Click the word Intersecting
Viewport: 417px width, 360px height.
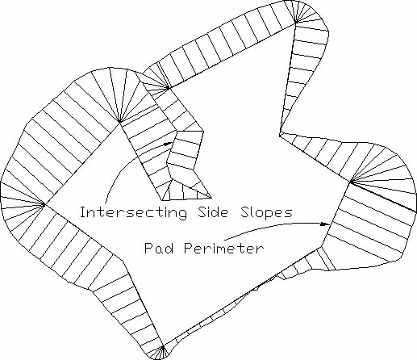[134, 212]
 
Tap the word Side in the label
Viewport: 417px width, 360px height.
[213, 212]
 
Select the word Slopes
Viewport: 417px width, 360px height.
[266, 212]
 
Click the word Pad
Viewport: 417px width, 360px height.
[159, 248]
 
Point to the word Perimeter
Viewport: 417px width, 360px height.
[224, 248]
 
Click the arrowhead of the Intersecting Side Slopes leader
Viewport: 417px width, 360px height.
[168, 144]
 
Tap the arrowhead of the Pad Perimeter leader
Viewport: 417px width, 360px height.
[325, 224]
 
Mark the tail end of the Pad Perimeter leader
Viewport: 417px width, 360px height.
[225, 239]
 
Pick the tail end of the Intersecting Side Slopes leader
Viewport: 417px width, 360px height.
[106, 203]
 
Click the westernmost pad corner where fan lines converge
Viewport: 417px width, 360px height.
[44, 204]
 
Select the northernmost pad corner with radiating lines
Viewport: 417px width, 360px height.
[296, 22]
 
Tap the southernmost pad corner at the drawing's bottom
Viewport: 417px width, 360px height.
[163, 348]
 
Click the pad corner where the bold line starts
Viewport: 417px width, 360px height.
[351, 182]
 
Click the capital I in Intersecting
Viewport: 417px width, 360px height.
[83, 212]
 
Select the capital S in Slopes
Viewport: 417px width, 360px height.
[245, 212]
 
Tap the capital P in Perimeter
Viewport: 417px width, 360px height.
[189, 248]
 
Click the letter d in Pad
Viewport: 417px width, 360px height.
[169, 248]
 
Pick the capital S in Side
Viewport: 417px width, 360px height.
[202, 212]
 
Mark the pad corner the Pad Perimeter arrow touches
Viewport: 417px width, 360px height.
[333, 223]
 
